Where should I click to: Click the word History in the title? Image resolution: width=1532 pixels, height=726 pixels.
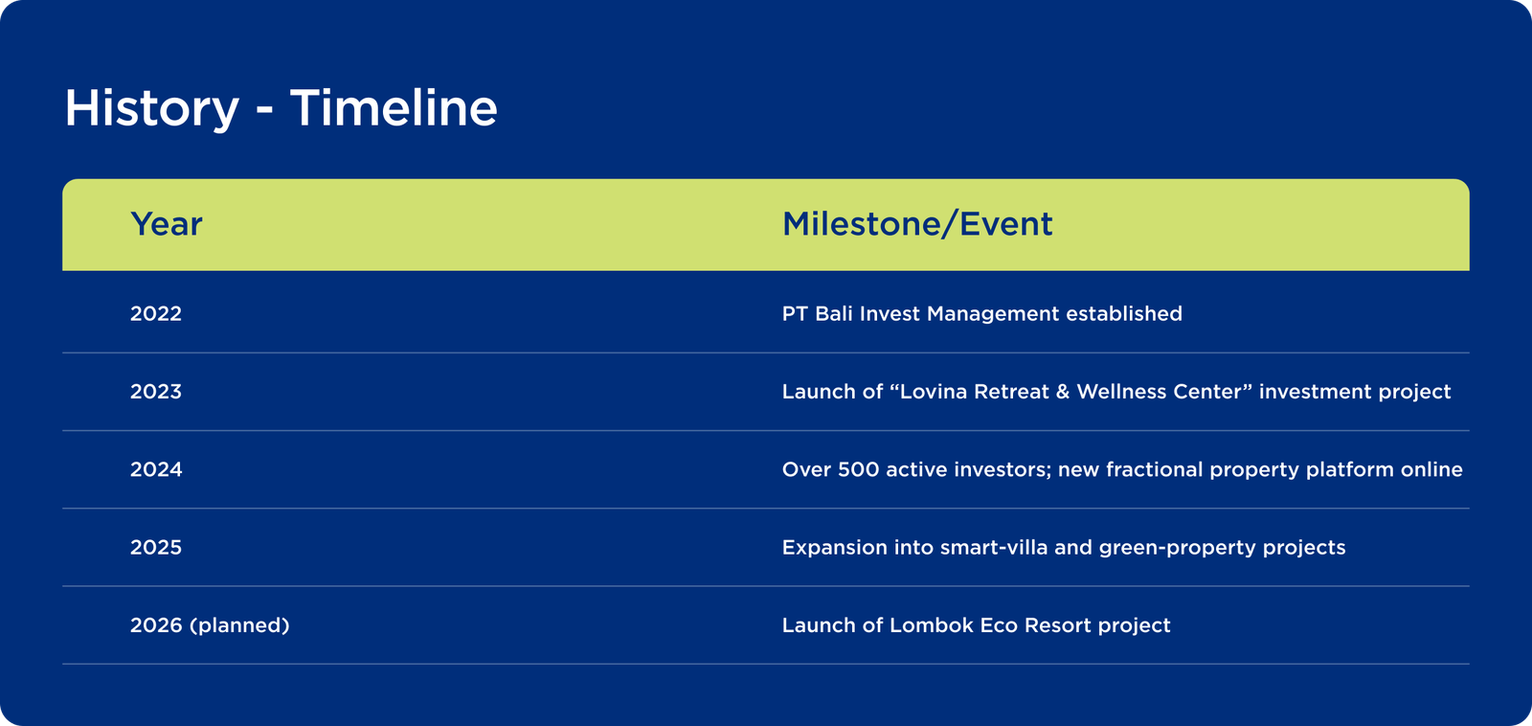pos(152,108)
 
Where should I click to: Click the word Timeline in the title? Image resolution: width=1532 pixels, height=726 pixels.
pos(394,107)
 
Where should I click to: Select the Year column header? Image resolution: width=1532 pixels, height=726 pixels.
pos(167,224)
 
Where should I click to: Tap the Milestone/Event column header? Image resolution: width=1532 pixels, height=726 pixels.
pos(917,224)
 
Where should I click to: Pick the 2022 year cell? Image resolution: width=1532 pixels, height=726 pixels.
pos(156,314)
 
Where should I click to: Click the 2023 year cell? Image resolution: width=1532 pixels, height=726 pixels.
pos(156,392)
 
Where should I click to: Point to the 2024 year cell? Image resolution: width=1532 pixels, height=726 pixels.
pos(156,470)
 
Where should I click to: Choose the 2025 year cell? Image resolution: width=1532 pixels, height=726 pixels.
pos(156,548)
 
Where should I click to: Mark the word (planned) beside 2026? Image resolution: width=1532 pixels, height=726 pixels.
pos(239,626)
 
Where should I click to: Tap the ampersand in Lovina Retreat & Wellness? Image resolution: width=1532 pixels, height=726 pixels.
pos(1063,392)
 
